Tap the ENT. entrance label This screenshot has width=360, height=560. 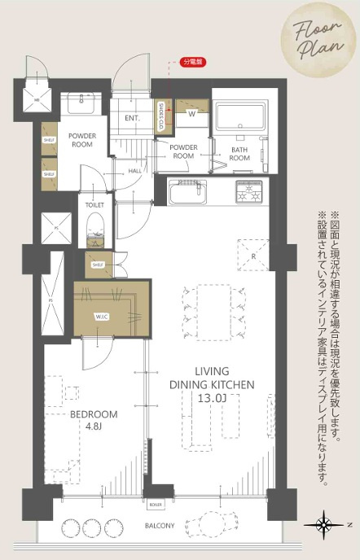133,119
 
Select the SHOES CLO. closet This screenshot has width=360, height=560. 161,117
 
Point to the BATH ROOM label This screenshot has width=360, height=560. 239,155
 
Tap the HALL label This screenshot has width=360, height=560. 135,171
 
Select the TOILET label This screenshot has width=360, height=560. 94,206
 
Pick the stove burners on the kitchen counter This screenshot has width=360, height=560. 250,194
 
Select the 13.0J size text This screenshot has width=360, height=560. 211,398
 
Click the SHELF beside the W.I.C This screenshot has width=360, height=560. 98,265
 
